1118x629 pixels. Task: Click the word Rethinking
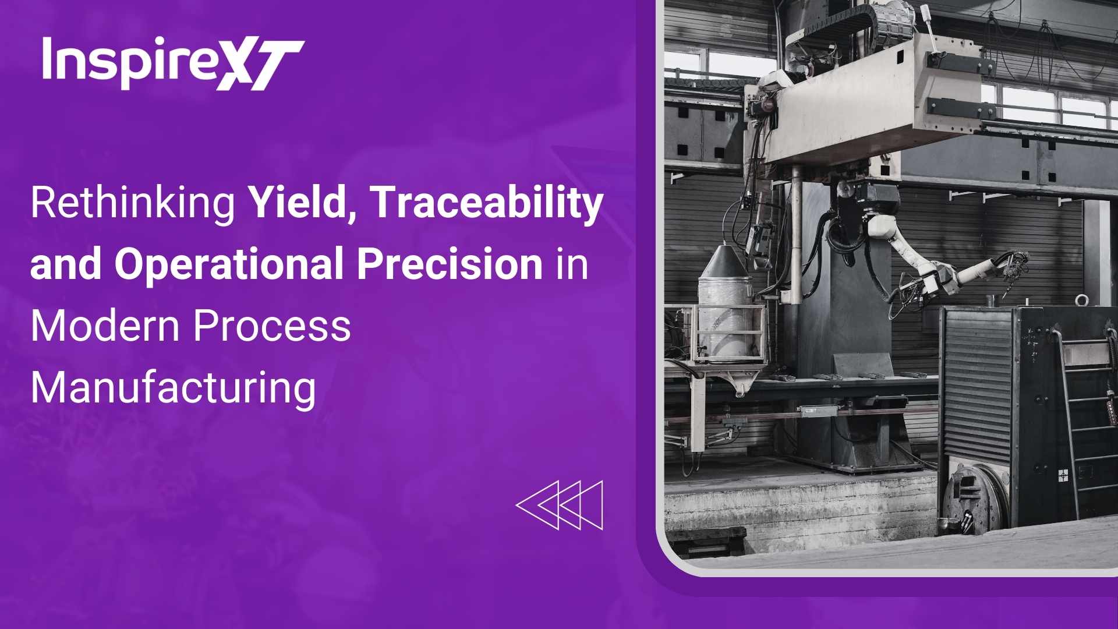click(x=133, y=203)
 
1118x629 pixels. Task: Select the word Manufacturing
click(x=173, y=388)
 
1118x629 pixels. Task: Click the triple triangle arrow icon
click(x=560, y=505)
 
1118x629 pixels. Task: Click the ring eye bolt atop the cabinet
click(x=1081, y=301)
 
